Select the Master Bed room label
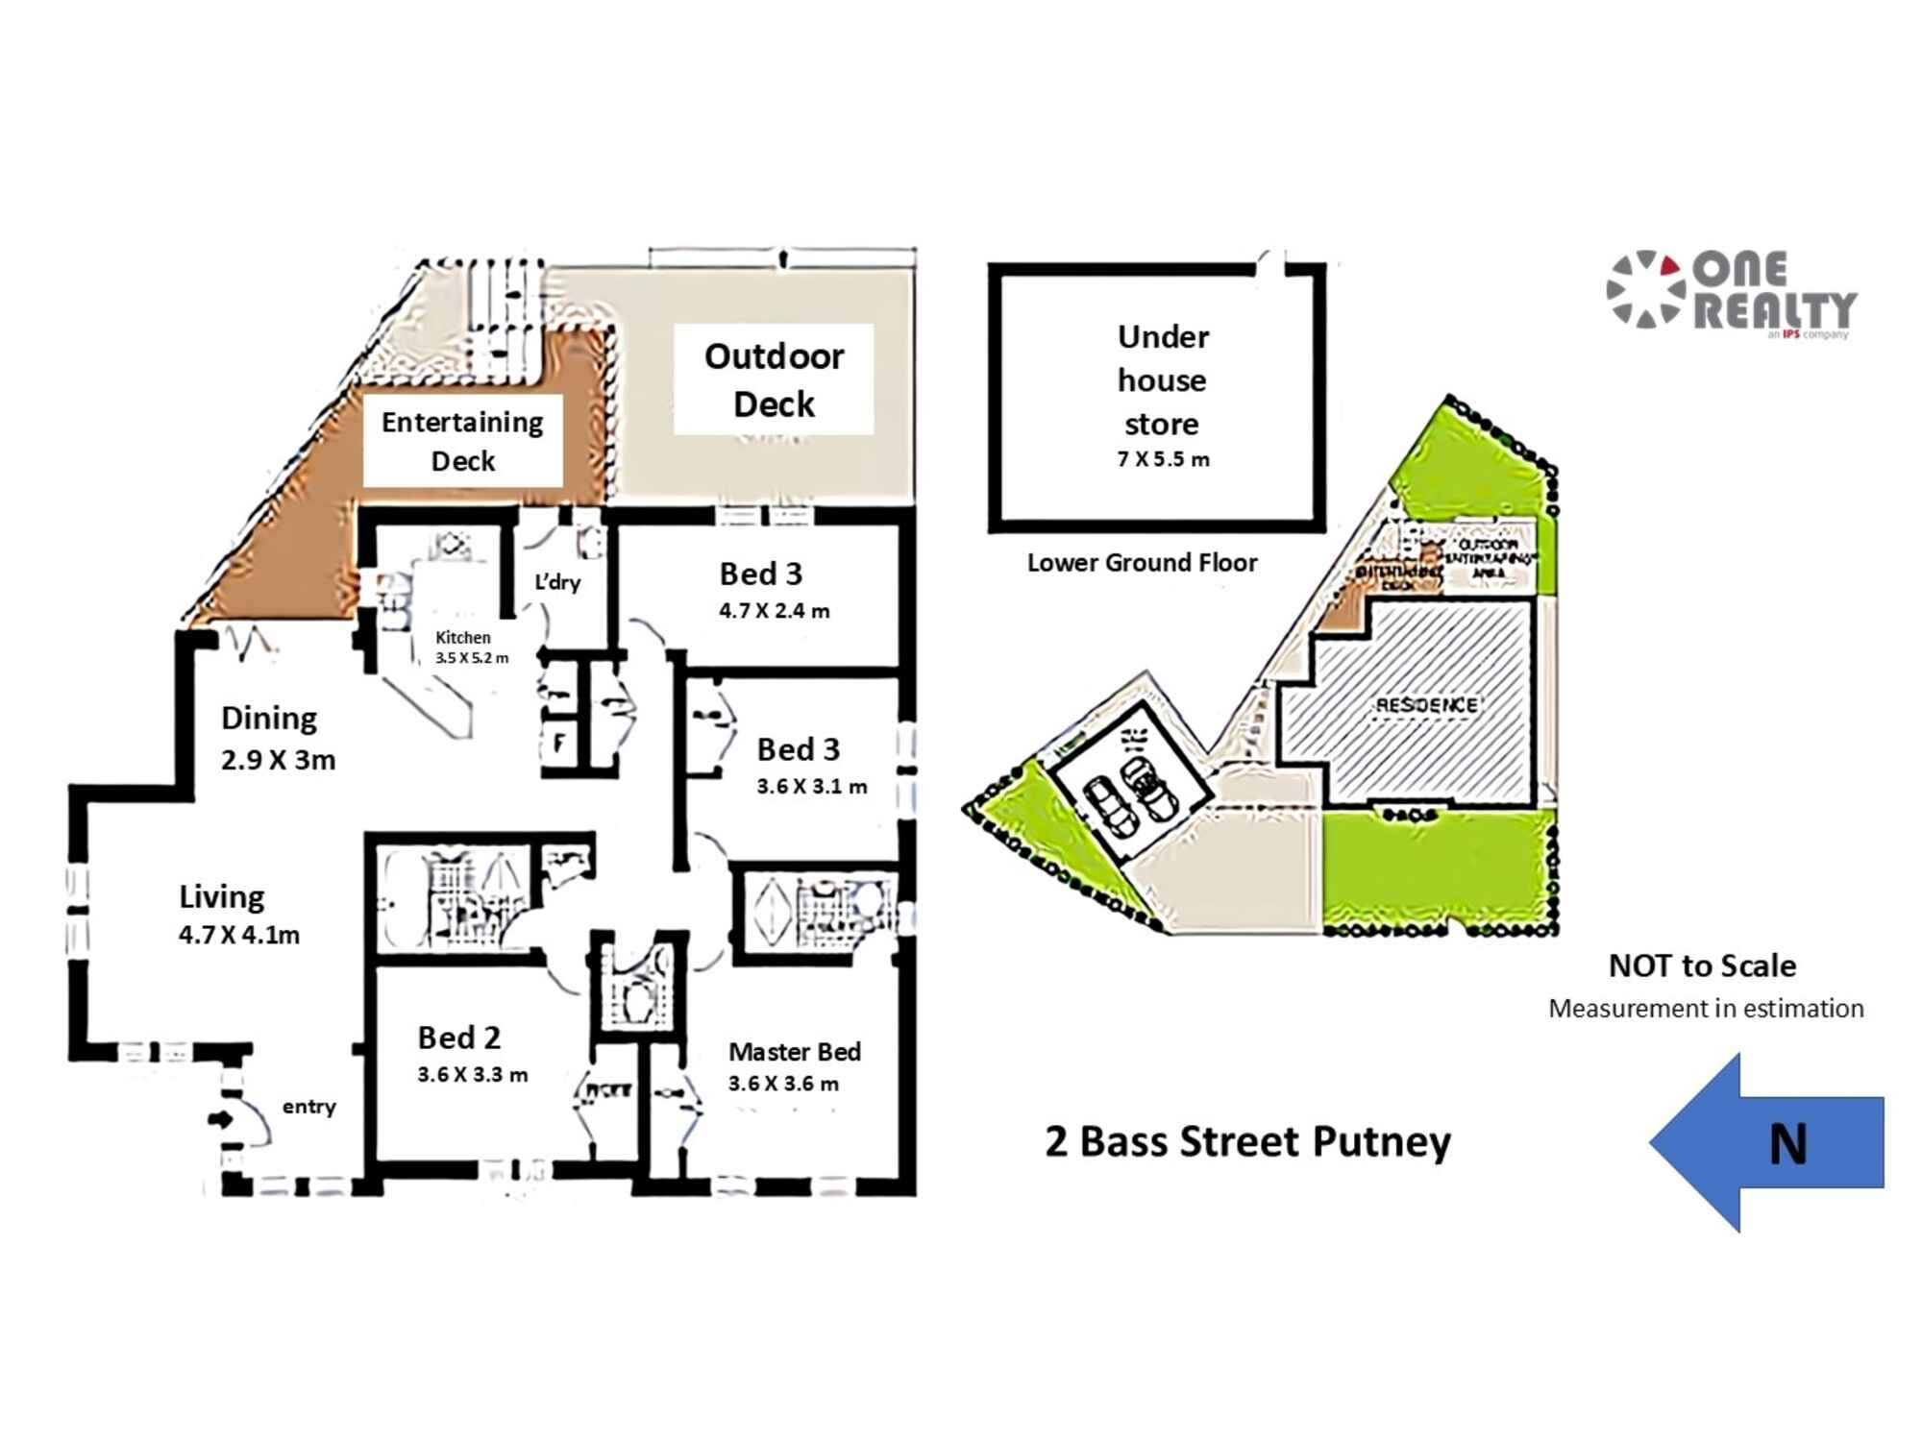click(794, 1052)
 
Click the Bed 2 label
click(458, 1038)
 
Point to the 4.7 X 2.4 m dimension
click(774, 611)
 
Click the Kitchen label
click(462, 637)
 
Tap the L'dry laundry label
click(557, 582)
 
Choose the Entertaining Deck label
click(462, 441)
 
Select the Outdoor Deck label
click(774, 379)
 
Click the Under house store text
click(1162, 380)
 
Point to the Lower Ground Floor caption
click(1142, 563)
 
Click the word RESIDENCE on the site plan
click(1426, 705)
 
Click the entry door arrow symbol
click(220, 1119)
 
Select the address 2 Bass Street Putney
click(1247, 1142)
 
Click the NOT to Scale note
click(1702, 965)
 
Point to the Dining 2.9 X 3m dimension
click(278, 760)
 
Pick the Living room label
click(221, 896)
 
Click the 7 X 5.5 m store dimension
click(1163, 459)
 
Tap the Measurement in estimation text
click(1706, 1009)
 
